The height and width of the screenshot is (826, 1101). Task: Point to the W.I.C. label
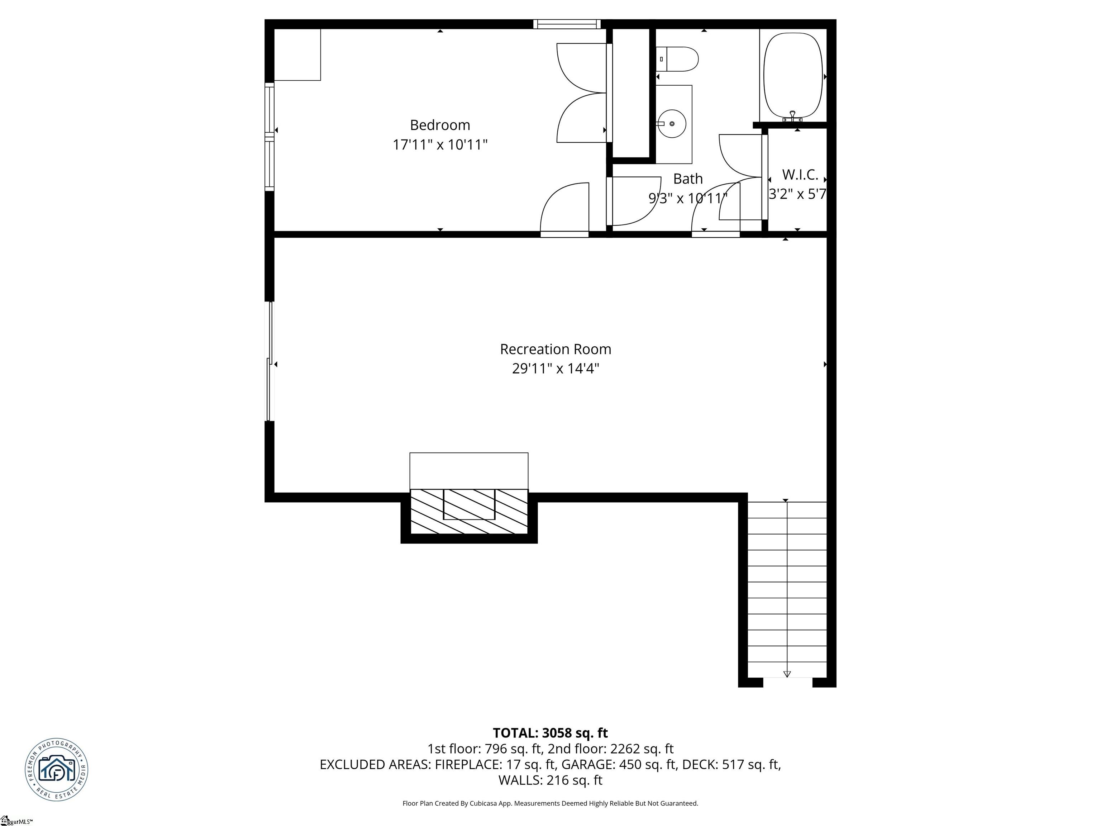point(800,175)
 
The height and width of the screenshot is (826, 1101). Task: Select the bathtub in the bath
point(793,75)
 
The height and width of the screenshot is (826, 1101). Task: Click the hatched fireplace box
point(468,511)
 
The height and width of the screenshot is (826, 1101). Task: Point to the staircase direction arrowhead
point(787,674)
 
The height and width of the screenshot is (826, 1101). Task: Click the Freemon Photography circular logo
point(57,769)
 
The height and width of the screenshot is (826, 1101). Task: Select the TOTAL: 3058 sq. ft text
point(550,733)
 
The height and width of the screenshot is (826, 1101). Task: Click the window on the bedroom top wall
point(567,24)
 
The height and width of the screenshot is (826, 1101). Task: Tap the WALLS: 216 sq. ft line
point(550,780)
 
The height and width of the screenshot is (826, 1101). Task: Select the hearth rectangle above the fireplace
point(468,471)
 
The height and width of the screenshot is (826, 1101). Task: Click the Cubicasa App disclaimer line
point(550,803)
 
